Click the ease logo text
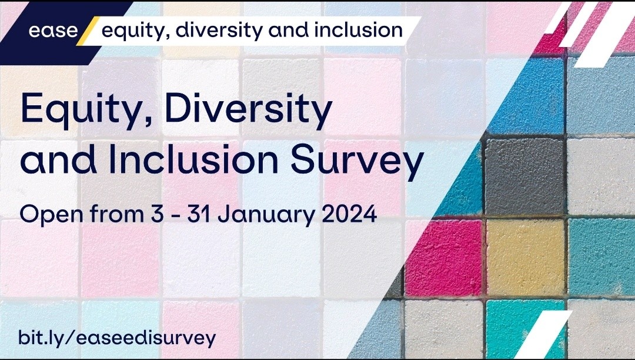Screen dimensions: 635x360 53,31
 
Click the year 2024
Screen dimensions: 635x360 349,214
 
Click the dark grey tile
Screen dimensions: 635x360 525,176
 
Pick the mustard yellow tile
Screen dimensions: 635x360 526,258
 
